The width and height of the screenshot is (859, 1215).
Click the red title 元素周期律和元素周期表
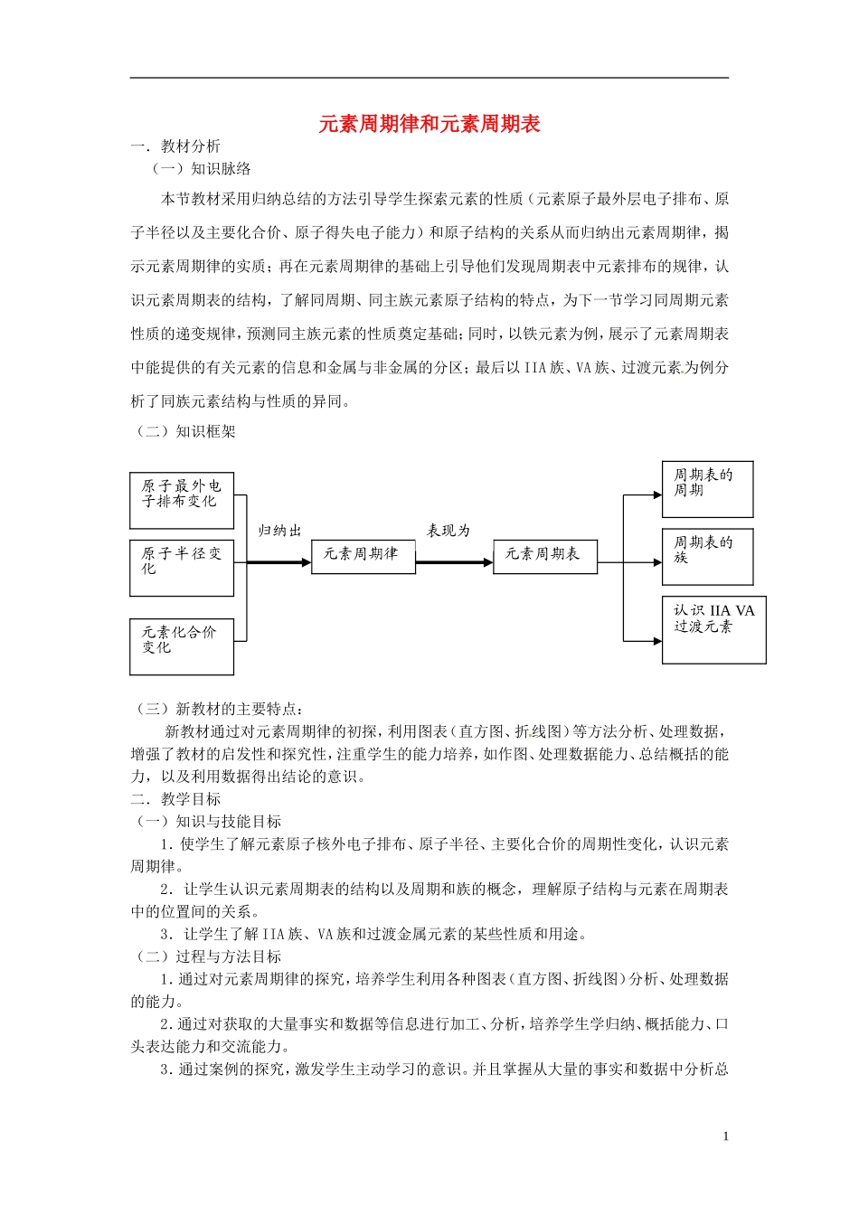(x=429, y=124)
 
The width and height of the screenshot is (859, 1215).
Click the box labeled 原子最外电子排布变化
(x=182, y=501)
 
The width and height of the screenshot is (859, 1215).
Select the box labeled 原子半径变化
(x=182, y=568)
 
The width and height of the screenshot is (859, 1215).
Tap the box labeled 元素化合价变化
(x=182, y=646)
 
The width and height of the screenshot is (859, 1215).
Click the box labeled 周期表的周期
(x=707, y=489)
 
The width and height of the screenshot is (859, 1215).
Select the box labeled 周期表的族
(x=707, y=556)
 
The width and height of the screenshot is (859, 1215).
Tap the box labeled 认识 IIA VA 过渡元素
(x=713, y=630)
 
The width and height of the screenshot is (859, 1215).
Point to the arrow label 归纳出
(x=280, y=531)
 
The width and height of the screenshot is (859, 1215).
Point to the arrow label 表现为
(x=449, y=531)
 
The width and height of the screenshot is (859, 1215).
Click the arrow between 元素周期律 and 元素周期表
(x=454, y=562)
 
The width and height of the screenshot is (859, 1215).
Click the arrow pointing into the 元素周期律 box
(x=278, y=562)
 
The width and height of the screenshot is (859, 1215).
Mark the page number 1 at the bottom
(x=726, y=1136)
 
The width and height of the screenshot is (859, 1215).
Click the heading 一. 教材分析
(x=176, y=146)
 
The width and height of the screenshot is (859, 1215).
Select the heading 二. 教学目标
(x=176, y=799)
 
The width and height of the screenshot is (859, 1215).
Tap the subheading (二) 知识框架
(x=185, y=431)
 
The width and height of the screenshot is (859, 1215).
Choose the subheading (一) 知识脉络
(x=201, y=169)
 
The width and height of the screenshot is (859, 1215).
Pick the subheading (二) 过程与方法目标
(x=208, y=956)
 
